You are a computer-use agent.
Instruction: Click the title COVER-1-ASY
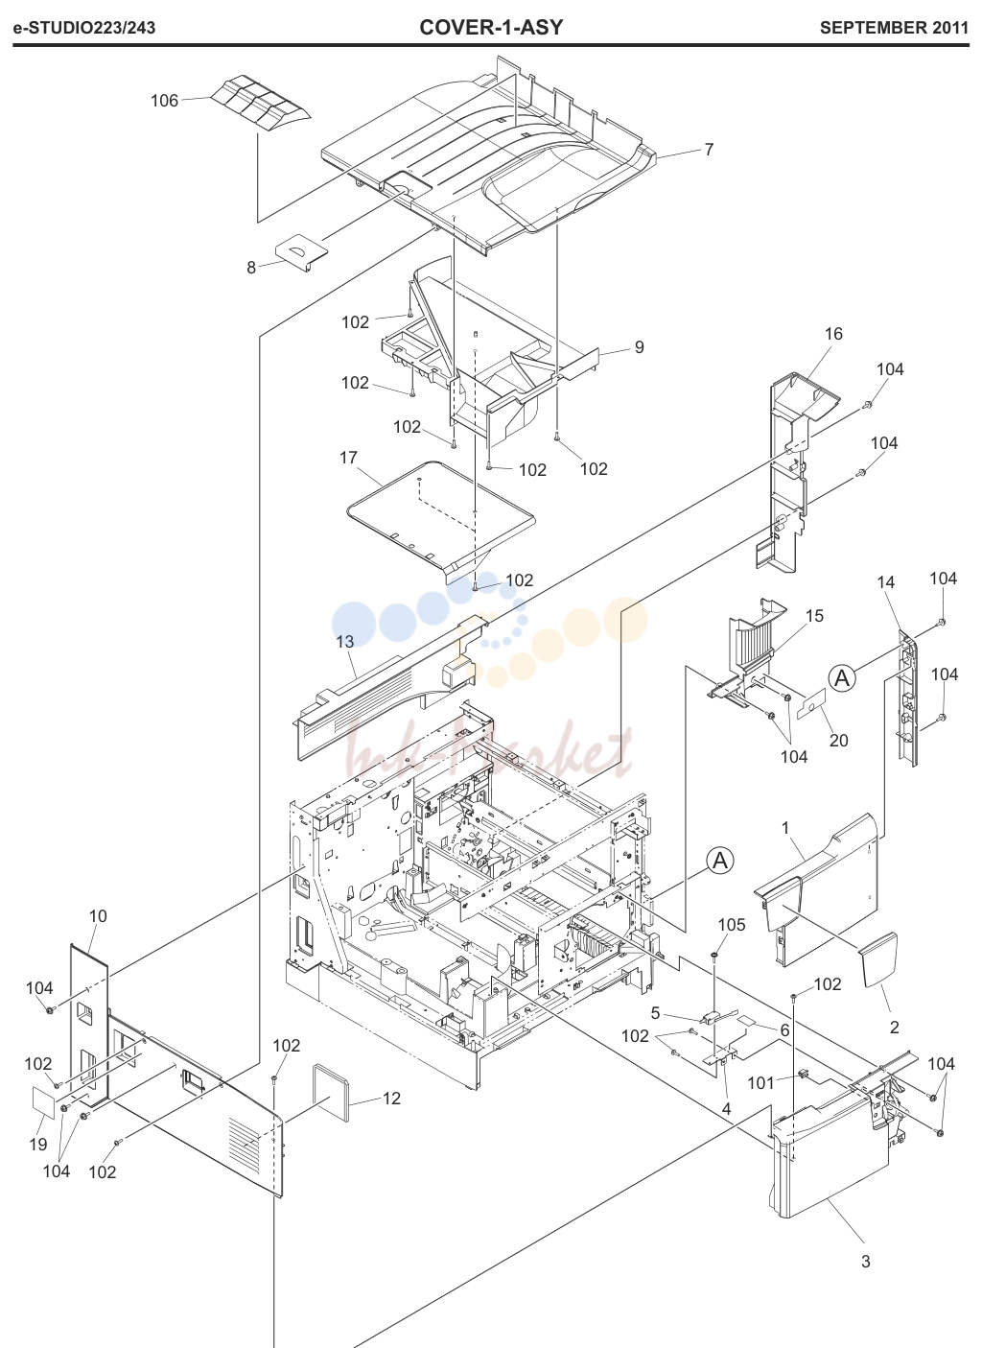(491, 27)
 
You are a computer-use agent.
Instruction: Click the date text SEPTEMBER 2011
(894, 28)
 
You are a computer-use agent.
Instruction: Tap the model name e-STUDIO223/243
(84, 28)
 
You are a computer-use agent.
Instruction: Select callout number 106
(164, 101)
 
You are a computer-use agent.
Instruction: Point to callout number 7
(709, 150)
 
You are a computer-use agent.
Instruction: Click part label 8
(251, 267)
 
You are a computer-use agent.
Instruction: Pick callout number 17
(348, 458)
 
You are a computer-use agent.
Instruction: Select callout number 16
(833, 333)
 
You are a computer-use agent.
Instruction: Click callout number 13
(345, 642)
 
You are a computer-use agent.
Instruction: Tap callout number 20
(838, 740)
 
